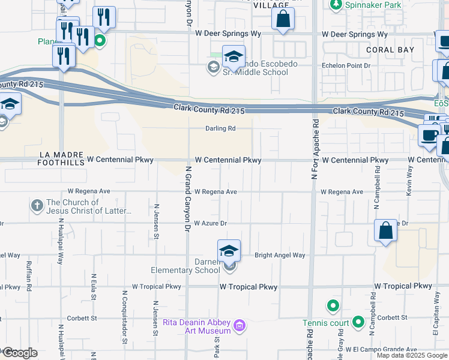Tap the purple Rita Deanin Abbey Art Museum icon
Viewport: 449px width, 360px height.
(x=240, y=326)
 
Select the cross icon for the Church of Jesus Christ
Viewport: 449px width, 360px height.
(x=38, y=206)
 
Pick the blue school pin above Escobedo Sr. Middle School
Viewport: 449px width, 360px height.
(x=234, y=57)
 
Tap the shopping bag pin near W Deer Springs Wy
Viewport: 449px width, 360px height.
(x=283, y=19)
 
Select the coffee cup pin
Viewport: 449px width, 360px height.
(x=430, y=134)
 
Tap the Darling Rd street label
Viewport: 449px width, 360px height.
(x=220, y=128)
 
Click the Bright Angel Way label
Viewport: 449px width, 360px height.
(x=280, y=255)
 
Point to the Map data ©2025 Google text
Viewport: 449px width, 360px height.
(x=411, y=355)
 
